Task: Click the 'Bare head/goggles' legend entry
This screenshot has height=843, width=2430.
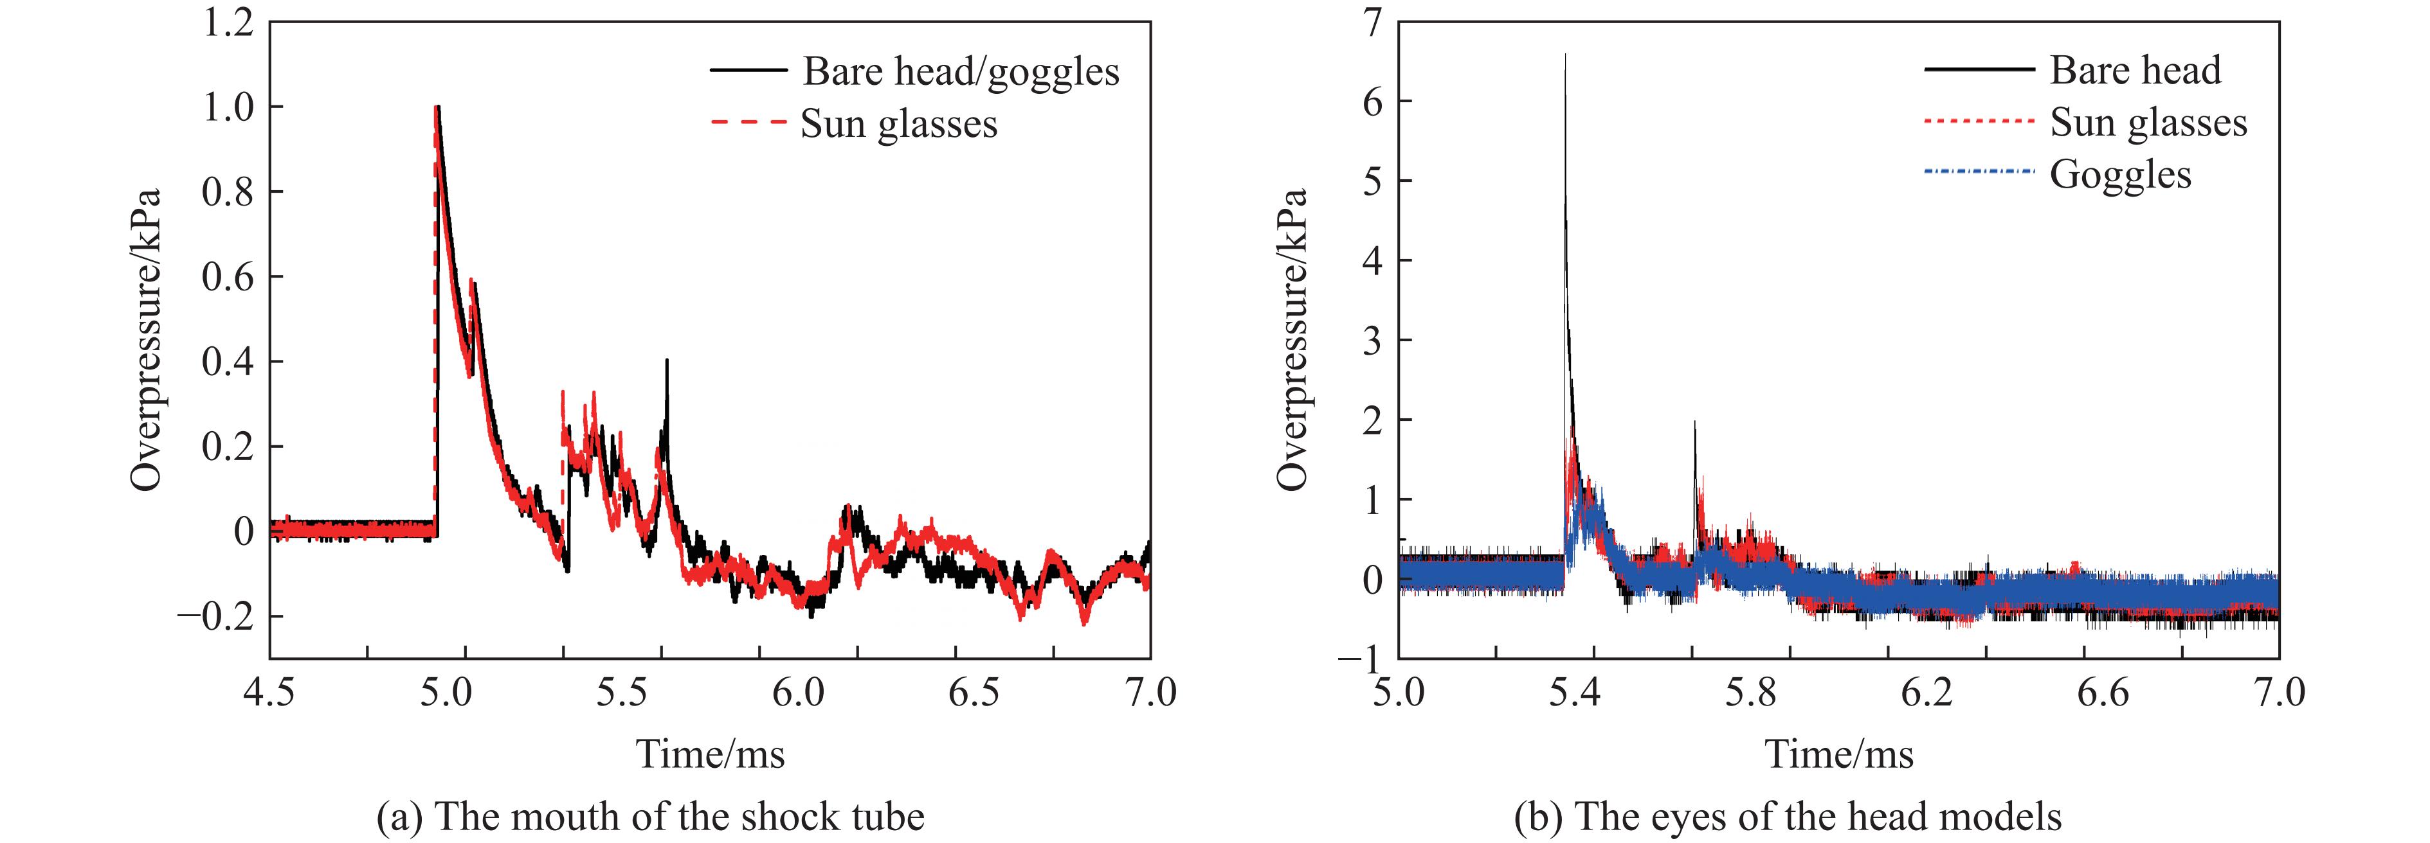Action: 960,72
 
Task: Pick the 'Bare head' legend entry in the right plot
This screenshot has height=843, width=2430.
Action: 2135,71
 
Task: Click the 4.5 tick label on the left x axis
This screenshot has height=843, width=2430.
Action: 269,693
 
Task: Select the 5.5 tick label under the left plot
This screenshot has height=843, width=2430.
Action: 622,693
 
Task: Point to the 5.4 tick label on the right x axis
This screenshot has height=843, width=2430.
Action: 1574,693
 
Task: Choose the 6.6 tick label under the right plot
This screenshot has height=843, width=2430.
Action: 2103,693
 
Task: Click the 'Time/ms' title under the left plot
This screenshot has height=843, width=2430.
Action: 711,754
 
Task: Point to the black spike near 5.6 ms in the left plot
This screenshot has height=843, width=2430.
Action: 666,361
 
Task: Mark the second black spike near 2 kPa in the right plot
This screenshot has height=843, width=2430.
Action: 1694,422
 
